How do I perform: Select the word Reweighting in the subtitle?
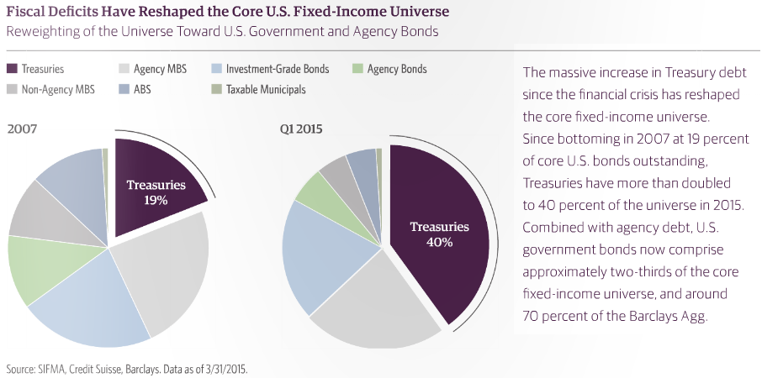41,31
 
